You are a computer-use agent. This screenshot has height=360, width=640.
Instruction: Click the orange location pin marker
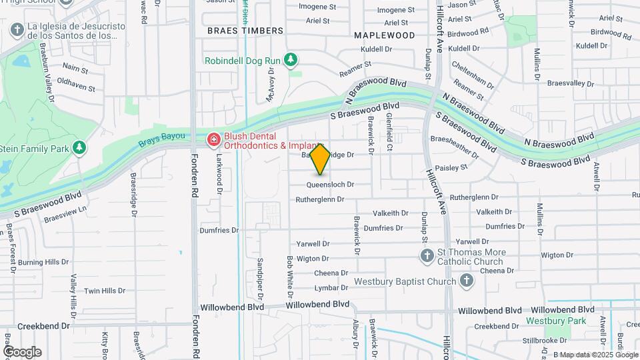click(x=321, y=159)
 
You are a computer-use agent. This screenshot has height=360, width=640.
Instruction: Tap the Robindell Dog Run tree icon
click(x=291, y=61)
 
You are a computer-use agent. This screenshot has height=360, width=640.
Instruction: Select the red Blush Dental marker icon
click(x=213, y=139)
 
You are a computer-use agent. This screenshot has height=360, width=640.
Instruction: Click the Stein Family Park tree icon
click(x=80, y=147)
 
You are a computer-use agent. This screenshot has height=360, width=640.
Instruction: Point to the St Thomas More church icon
click(x=427, y=256)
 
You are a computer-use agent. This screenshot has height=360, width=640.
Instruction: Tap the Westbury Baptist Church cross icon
click(x=467, y=281)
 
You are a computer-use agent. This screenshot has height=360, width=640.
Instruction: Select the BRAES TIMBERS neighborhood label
click(x=245, y=31)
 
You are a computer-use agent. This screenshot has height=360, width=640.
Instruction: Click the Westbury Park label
click(x=556, y=321)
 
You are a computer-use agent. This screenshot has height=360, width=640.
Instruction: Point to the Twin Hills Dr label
click(x=105, y=291)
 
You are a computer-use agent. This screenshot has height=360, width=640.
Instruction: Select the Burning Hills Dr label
click(x=43, y=263)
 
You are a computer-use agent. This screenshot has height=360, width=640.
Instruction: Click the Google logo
click(x=21, y=352)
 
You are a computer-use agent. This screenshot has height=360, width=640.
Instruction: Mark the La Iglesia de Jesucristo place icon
click(x=17, y=29)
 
